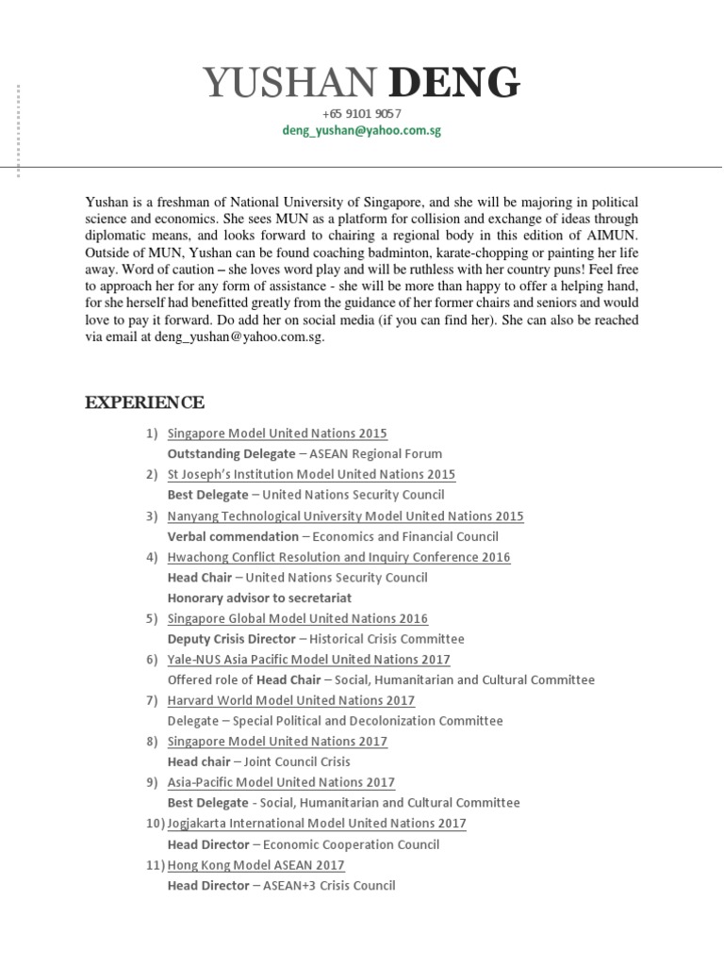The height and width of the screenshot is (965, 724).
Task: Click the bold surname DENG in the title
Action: [453, 85]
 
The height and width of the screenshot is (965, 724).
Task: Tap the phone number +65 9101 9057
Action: [361, 114]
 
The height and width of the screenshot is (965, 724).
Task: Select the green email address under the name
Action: [361, 131]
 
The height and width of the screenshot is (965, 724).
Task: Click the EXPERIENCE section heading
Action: [144, 402]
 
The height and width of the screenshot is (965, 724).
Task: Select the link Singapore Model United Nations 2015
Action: [277, 433]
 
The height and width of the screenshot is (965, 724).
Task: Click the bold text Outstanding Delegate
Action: [231, 454]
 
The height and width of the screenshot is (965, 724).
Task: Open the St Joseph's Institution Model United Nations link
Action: [311, 474]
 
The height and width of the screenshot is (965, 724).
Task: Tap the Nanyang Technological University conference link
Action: [345, 515]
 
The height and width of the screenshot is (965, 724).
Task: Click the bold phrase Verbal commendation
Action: [233, 536]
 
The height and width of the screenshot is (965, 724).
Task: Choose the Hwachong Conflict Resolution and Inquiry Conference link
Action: [338, 557]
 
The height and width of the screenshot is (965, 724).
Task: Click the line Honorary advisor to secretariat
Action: [259, 597]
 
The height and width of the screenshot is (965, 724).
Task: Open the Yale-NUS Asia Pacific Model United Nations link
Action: [308, 660]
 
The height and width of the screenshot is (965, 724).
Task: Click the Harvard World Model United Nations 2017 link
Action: [290, 700]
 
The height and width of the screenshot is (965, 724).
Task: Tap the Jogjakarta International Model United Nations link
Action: [317, 824]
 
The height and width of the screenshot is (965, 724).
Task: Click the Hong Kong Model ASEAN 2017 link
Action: [255, 865]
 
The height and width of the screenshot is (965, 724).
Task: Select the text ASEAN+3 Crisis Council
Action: [329, 886]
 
